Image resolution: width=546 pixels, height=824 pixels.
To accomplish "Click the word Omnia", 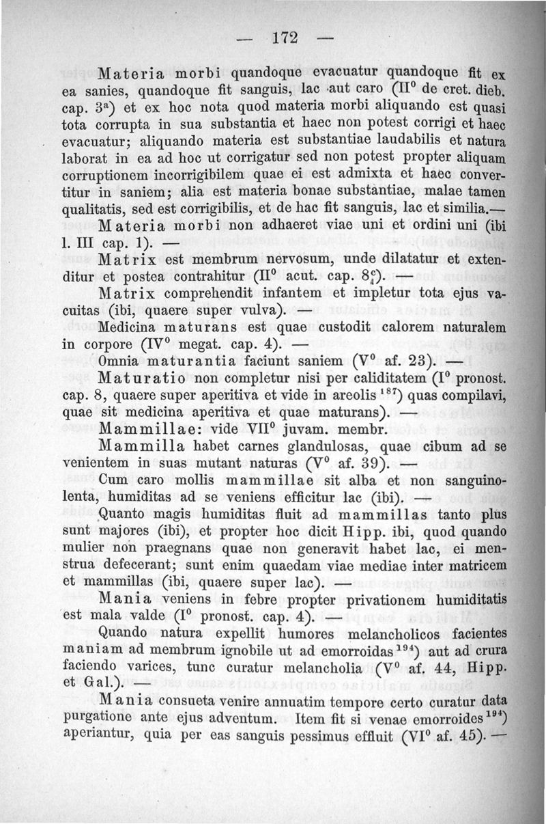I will (119, 360).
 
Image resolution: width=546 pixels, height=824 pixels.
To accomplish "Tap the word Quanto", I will (118, 514).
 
